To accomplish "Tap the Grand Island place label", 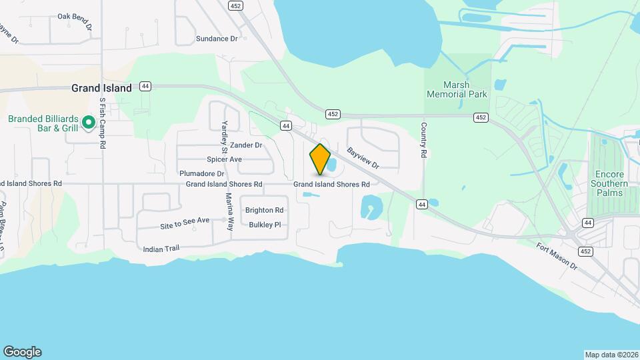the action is (x=101, y=87).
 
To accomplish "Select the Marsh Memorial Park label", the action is (x=457, y=89).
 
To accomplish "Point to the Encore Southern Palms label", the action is (x=609, y=183).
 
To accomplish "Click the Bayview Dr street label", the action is (x=363, y=158).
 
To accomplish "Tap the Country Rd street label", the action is (x=423, y=140).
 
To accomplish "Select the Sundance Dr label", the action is (x=217, y=39).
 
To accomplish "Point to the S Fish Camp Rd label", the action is (x=103, y=123).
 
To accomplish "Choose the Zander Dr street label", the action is (x=246, y=145).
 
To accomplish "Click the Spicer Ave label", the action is (x=224, y=159).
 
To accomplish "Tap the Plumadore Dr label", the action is (x=202, y=173).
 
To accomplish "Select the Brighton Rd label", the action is (x=265, y=210).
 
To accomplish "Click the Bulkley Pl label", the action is (x=265, y=225).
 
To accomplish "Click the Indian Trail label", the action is (x=161, y=249).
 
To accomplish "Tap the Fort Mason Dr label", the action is (x=557, y=255).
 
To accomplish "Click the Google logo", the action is (x=22, y=352).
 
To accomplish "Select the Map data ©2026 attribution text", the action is (x=611, y=355).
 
